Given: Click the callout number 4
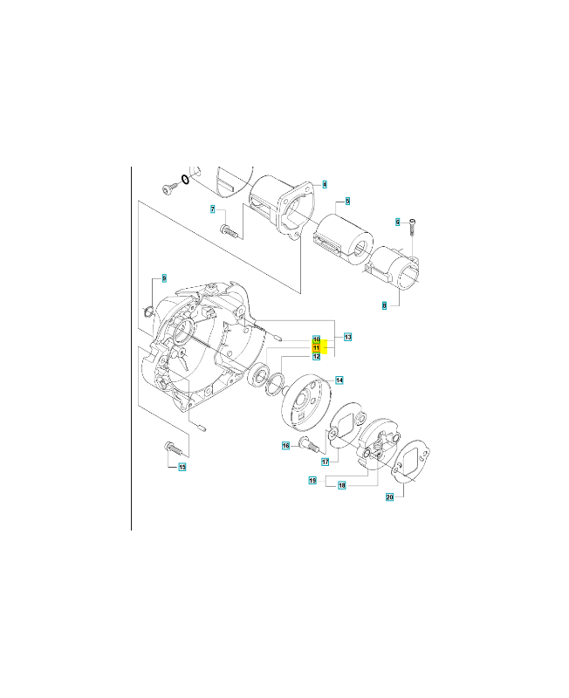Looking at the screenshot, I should tap(324, 184).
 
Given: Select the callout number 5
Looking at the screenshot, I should tap(346, 202).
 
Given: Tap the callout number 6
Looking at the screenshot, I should tap(398, 222).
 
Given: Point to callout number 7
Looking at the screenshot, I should tap(212, 209).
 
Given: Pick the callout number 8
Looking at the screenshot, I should tap(384, 305).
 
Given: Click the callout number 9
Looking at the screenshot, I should tap(162, 278).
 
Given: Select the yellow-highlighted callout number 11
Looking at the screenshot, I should tap(317, 347).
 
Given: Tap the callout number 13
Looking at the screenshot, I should tap(346, 337).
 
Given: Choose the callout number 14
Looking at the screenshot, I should tap(339, 380).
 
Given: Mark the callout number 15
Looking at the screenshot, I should tap(182, 468).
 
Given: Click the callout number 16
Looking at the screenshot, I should tap(285, 446).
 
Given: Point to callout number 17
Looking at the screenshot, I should tap(324, 462).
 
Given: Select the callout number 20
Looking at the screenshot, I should tap(390, 497).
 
